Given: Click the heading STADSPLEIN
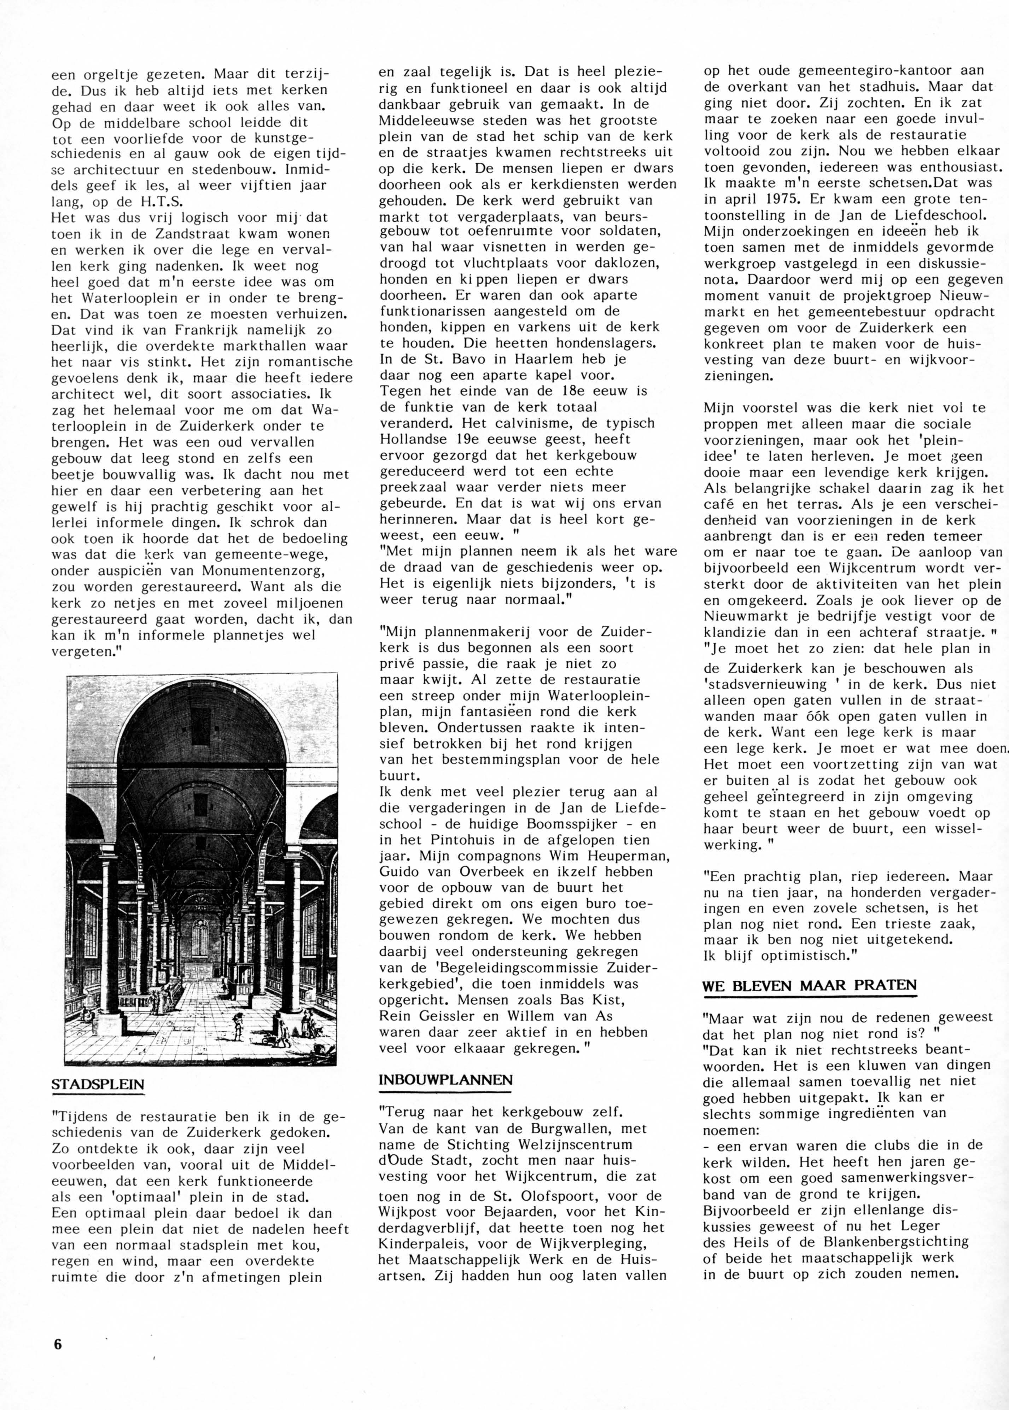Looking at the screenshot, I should (x=98, y=1085).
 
